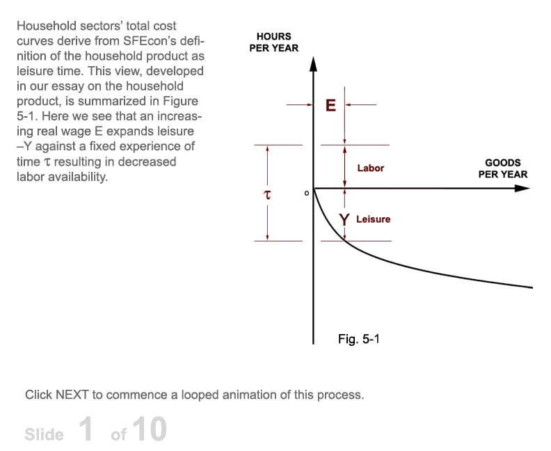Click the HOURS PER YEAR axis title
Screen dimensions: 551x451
point(273,42)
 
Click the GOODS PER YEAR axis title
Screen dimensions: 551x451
point(503,168)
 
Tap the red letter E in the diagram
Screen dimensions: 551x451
point(330,105)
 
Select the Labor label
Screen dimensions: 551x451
point(371,168)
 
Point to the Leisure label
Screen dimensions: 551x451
point(373,219)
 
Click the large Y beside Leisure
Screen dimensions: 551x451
point(344,220)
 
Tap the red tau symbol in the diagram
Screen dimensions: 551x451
point(267,194)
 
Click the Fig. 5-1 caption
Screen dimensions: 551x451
point(359,339)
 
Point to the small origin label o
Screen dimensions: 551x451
point(306,193)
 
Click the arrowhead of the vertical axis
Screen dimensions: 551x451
point(314,64)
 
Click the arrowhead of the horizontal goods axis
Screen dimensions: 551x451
point(522,189)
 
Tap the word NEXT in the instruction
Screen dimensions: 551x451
point(72,395)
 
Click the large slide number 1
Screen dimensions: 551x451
point(86,429)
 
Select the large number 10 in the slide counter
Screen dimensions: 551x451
point(150,429)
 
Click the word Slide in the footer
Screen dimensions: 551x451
point(45,434)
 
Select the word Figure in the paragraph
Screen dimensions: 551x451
point(180,101)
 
